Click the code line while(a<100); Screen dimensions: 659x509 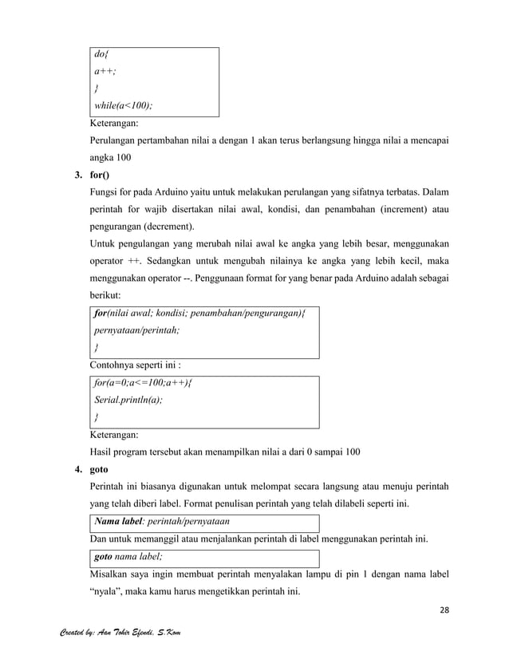click(x=124, y=107)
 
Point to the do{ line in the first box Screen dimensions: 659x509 click(x=101, y=55)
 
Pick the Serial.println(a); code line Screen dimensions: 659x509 click(x=128, y=400)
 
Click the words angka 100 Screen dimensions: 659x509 click(x=111, y=157)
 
